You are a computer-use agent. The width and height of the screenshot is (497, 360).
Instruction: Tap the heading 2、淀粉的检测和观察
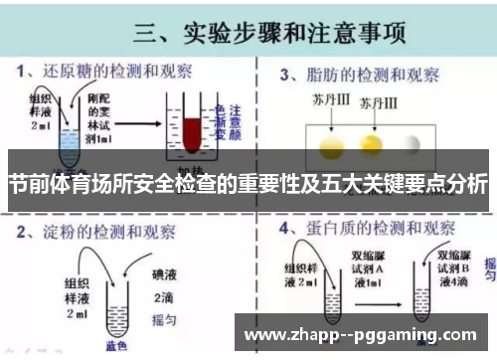click(x=98, y=235)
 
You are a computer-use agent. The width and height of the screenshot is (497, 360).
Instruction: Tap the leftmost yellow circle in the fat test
click(x=329, y=145)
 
